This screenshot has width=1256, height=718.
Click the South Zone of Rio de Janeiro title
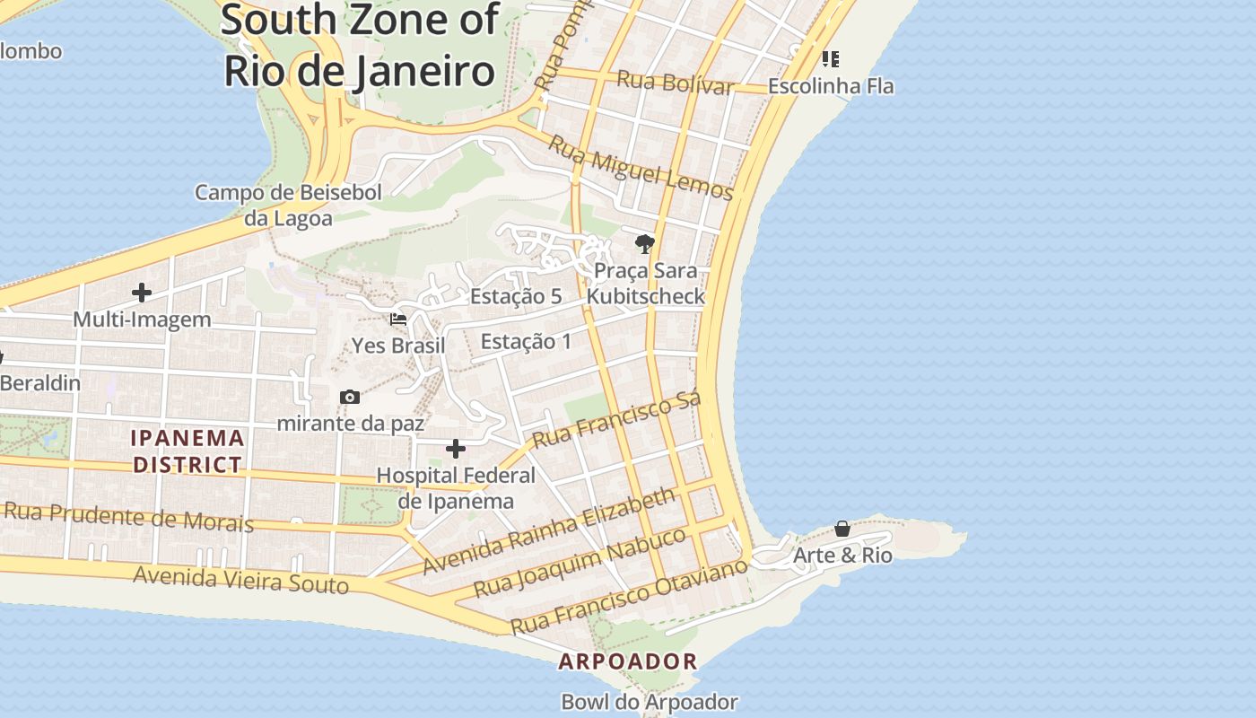click(x=359, y=45)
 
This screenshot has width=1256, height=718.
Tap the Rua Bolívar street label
click(x=675, y=83)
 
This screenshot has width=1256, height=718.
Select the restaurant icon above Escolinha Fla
click(x=831, y=59)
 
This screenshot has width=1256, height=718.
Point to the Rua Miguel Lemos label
click(x=641, y=168)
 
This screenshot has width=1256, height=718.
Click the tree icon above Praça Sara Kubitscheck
click(x=644, y=243)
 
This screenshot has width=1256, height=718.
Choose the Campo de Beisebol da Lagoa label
click(x=288, y=206)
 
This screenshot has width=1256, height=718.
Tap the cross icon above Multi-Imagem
click(x=142, y=293)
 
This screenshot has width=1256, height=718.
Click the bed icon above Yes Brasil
click(x=398, y=319)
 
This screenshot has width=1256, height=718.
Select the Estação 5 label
click(x=516, y=296)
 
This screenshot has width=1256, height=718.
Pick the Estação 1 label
click(x=526, y=341)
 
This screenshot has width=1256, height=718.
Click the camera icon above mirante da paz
click(x=350, y=397)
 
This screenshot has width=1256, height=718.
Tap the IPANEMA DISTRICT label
click(x=188, y=451)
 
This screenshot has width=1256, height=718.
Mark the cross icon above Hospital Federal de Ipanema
click(x=456, y=448)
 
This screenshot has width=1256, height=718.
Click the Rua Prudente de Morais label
click(x=128, y=517)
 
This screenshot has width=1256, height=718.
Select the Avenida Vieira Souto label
click(x=240, y=580)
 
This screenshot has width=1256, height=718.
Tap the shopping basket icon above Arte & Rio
click(x=842, y=529)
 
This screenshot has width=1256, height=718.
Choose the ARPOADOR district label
click(x=628, y=662)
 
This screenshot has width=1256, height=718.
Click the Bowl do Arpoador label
click(x=650, y=702)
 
